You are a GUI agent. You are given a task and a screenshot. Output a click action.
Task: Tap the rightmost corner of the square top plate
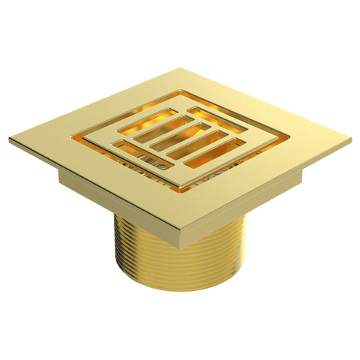click(x=350, y=139)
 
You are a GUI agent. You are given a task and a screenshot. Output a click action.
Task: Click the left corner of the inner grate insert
click(x=82, y=139)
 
